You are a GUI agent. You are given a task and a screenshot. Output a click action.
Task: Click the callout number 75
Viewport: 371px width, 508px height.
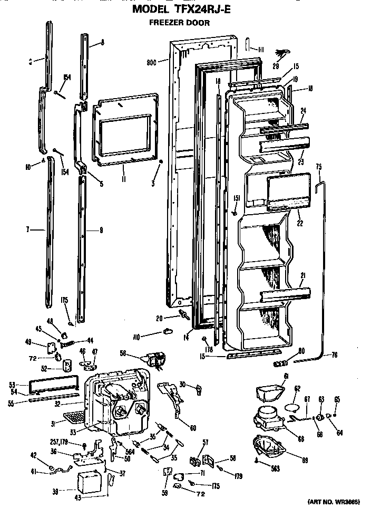coord(318,166)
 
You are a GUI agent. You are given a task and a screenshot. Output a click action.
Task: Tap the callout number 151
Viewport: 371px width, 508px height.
coord(237,198)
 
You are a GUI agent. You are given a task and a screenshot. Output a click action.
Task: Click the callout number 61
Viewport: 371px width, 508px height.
coord(286,375)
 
